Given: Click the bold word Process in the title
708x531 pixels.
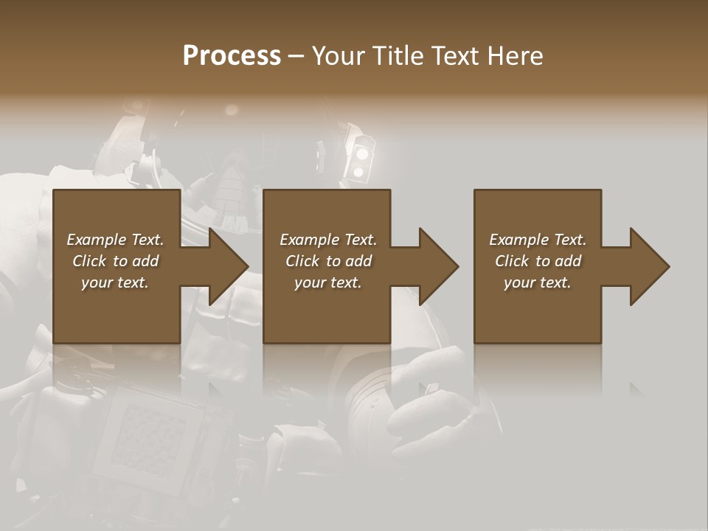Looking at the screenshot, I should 232,56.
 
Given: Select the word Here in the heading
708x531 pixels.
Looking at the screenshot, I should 516,56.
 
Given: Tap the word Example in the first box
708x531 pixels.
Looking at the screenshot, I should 97,240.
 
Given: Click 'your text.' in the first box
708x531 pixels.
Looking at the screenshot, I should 115,282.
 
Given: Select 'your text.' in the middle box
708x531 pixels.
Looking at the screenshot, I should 327,282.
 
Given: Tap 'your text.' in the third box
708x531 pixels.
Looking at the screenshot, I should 538,282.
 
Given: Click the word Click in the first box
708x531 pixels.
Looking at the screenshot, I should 89,261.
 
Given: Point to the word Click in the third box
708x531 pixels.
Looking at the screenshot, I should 512,261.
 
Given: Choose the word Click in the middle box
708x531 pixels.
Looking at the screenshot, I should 302,261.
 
